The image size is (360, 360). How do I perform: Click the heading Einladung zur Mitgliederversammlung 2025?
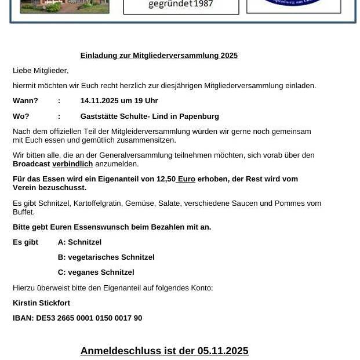coord(159,56)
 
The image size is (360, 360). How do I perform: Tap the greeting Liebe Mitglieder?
coord(41,71)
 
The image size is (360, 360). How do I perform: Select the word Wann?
coord(26,101)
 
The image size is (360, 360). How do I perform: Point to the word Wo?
coord(21,117)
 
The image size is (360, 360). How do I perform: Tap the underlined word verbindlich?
coord(72,164)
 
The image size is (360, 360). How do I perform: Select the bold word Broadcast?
coord(31,164)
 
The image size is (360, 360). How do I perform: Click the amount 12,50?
coord(166,179)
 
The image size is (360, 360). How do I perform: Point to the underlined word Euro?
coord(186,179)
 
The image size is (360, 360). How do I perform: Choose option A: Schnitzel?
coord(79,242)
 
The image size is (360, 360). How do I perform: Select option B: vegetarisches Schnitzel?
coord(106,257)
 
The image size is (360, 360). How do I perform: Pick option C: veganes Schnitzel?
coord(96,272)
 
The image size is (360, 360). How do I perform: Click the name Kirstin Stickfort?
coord(41,303)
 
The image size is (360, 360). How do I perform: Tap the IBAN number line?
coord(77,318)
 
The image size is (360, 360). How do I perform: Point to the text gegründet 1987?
coord(181,5)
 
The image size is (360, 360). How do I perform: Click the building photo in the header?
coord(64,6)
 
